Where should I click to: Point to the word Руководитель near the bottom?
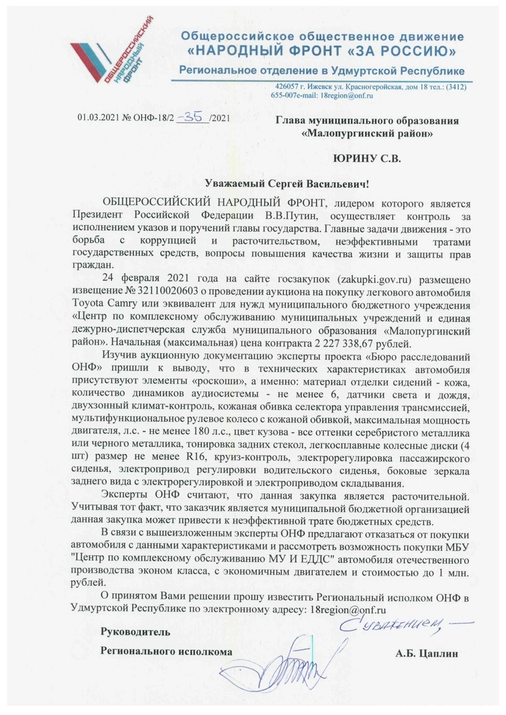134,632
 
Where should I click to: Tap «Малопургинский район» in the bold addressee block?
366,134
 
